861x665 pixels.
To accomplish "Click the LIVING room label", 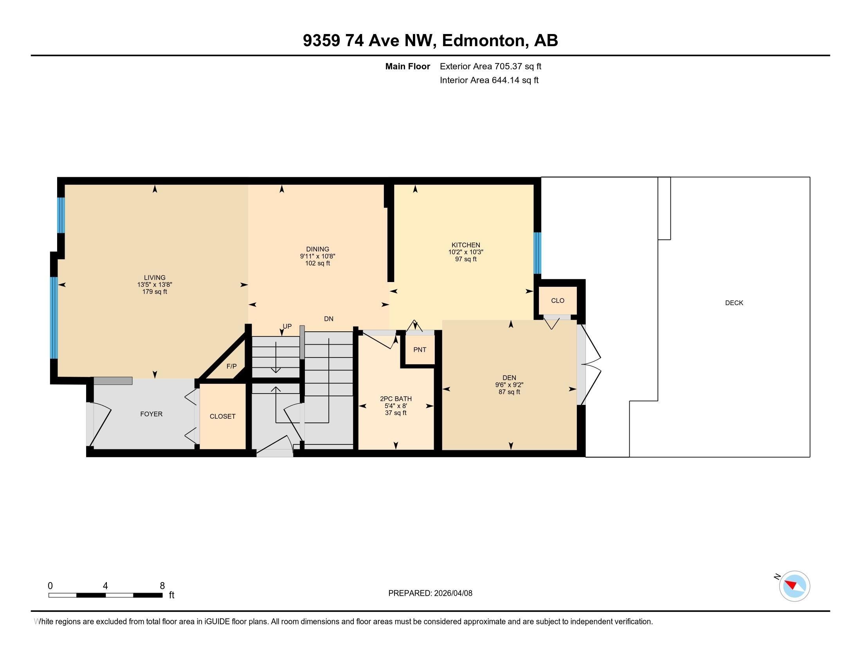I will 155,277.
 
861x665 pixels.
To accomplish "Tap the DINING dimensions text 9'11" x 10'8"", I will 317,256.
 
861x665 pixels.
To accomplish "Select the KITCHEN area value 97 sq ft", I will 466,259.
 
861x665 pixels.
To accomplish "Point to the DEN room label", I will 509,377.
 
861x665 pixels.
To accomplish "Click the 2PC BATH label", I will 395,399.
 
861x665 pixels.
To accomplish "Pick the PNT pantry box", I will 420,350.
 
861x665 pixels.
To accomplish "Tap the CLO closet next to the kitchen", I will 557,300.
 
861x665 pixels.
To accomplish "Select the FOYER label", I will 151,414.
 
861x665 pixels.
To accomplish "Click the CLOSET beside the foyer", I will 222,417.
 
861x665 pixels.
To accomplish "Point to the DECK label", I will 734,303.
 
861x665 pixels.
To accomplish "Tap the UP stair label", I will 287,326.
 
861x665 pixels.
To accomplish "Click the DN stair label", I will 328,319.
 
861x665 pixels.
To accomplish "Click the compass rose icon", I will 794,586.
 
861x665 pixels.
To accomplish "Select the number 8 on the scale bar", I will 162,586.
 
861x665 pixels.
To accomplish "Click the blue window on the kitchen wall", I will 537,253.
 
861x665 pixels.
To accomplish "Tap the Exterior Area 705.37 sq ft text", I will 490,66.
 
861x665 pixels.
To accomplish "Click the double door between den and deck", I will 590,365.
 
